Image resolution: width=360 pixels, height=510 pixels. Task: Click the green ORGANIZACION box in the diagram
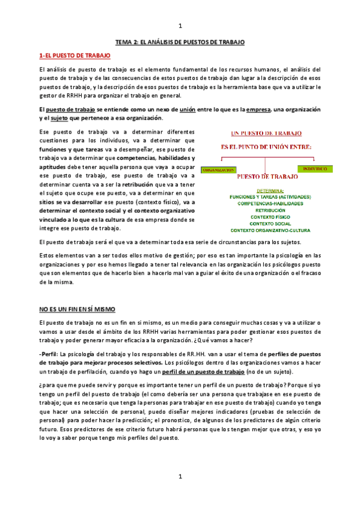click(x=218, y=170)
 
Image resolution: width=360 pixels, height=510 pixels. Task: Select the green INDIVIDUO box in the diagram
click(x=315, y=169)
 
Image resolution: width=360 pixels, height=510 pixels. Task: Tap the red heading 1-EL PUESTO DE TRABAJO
click(x=75, y=55)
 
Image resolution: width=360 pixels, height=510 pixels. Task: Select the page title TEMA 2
click(x=180, y=41)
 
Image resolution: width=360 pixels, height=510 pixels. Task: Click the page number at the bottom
click(x=180, y=477)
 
